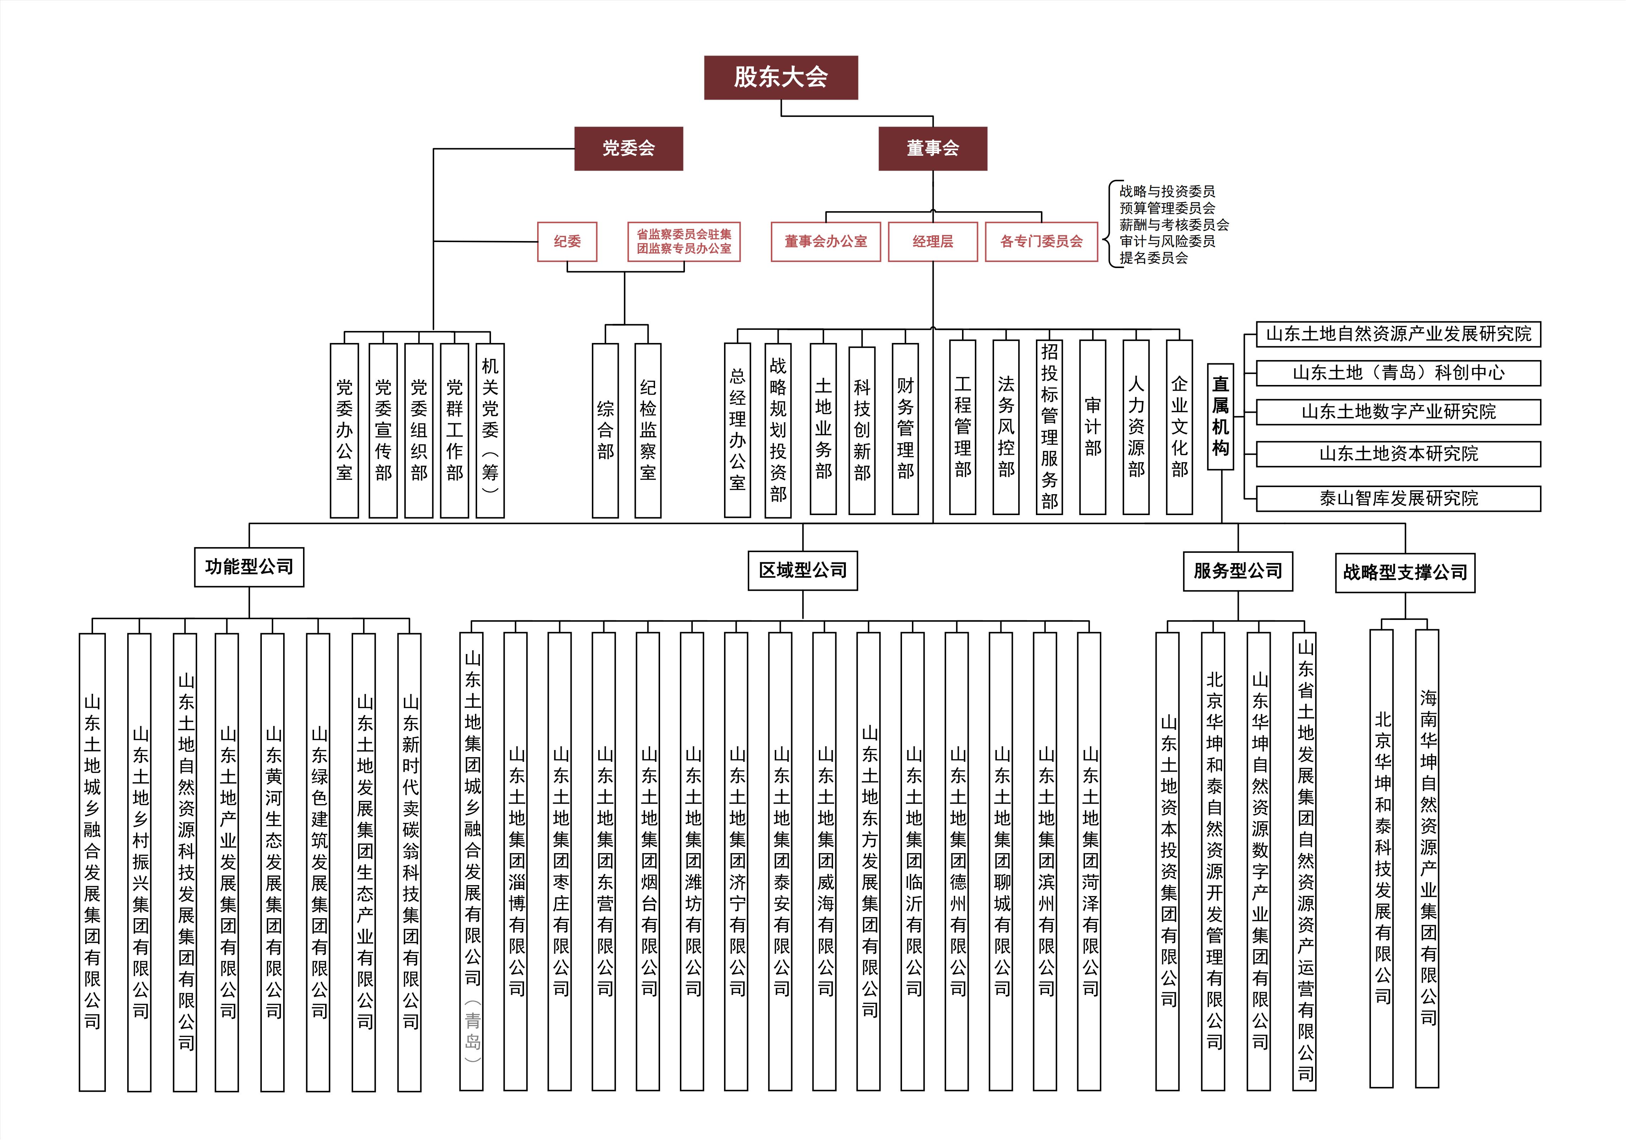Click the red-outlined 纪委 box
point(567,242)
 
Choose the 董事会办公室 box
point(826,242)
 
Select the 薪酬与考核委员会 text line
point(1174,225)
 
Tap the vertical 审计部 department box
point(1093,427)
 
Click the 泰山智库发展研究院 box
point(1399,498)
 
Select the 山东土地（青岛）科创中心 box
point(1399,373)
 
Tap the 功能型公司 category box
point(249,567)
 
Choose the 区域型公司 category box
point(803,570)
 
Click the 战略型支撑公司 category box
point(1405,572)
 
